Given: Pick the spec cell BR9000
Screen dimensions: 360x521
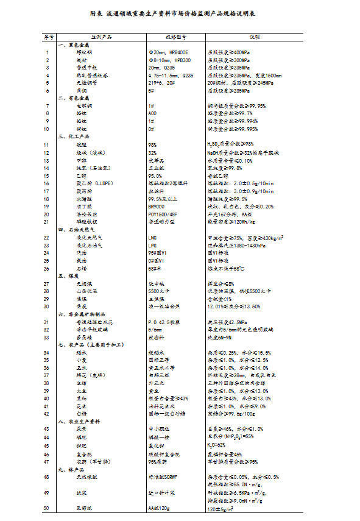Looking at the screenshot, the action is (157, 206).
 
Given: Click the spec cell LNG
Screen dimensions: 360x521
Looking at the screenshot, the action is (153, 237).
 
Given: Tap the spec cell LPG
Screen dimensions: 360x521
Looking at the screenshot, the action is (153, 245).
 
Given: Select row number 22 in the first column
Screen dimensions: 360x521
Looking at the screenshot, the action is (47, 237).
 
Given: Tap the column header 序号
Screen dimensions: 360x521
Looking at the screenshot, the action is (48, 38).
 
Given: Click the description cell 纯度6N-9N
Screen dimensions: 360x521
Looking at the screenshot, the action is (221, 337).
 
